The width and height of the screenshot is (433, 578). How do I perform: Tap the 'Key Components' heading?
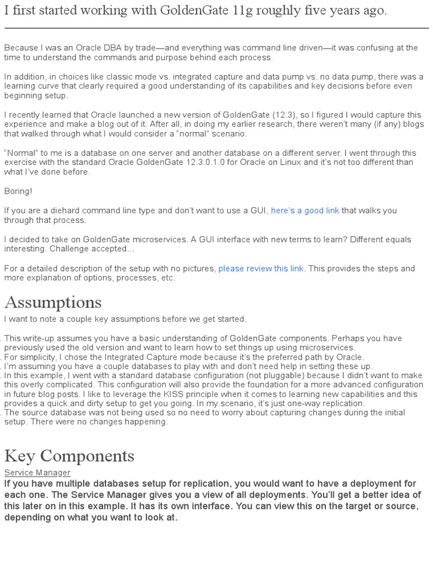click(x=69, y=456)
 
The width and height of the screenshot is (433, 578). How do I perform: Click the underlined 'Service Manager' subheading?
click(x=37, y=472)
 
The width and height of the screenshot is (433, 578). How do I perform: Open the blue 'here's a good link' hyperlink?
click(x=305, y=211)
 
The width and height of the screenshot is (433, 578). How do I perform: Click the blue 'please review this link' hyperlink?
click(x=261, y=269)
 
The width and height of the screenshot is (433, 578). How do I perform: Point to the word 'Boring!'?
click(x=18, y=191)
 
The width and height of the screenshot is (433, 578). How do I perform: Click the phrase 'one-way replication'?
click(x=328, y=404)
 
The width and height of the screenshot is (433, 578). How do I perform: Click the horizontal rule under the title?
click(x=216, y=28)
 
